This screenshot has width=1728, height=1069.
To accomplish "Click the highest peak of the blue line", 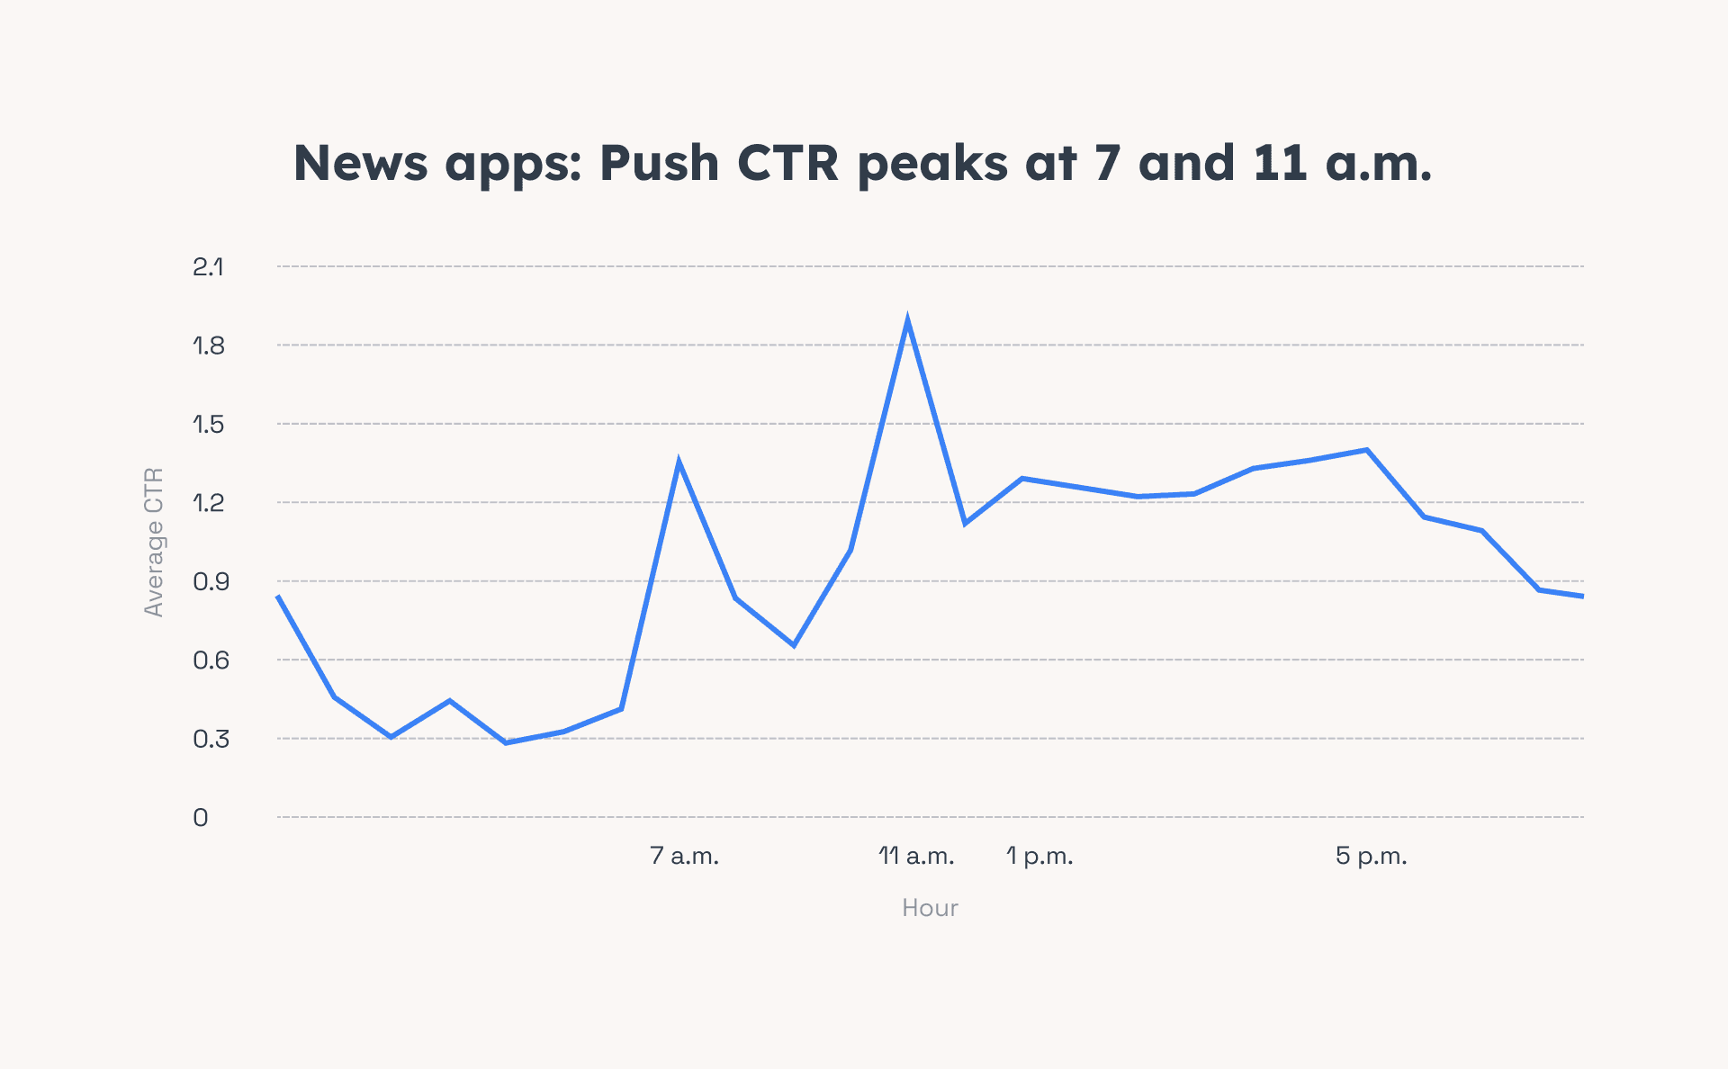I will tap(907, 322).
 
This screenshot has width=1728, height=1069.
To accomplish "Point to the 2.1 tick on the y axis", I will tap(208, 266).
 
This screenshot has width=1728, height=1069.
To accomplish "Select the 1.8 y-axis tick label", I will tap(208, 346).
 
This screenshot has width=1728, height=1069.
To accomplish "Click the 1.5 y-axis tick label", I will tap(208, 424).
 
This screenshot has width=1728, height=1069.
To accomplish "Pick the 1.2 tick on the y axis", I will tap(208, 503).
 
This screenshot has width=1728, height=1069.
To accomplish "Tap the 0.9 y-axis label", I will tap(211, 581).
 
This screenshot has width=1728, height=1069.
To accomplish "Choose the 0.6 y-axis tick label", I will tap(211, 660).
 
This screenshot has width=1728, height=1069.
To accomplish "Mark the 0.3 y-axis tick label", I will tap(211, 739).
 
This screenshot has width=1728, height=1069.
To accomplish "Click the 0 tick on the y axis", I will tap(201, 818).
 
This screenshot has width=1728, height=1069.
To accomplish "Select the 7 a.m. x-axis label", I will tap(684, 856).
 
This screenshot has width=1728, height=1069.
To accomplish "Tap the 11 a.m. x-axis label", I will tap(916, 856).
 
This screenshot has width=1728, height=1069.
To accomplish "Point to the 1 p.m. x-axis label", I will tap(1039, 856).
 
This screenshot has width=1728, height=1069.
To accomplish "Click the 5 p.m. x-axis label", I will tap(1371, 856).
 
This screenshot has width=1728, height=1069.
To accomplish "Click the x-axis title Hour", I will tap(930, 908).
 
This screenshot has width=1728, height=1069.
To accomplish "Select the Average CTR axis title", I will tap(154, 542).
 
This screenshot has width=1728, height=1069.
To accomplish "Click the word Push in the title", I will tap(659, 164).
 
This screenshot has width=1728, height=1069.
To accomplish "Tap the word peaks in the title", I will tap(931, 164).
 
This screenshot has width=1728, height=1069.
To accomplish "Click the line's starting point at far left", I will tap(279, 597).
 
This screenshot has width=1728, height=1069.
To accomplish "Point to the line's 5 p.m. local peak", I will tap(1366, 450).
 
